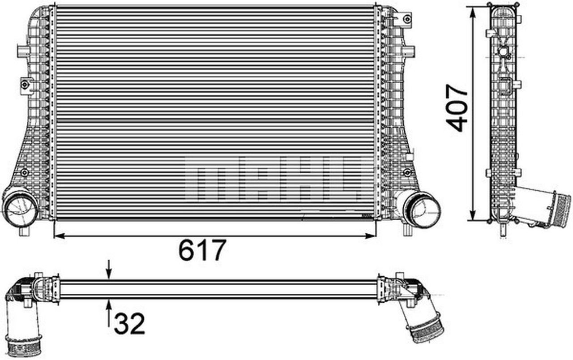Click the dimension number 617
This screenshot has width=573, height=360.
click(201, 251)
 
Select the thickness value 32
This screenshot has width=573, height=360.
click(129, 324)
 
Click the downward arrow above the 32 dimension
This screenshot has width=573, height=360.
click(108, 273)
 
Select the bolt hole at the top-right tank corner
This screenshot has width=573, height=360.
click(406, 19)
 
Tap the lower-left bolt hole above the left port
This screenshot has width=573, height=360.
click(24, 172)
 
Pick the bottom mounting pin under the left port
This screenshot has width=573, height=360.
click(24, 231)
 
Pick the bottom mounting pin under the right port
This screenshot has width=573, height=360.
click(407, 230)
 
